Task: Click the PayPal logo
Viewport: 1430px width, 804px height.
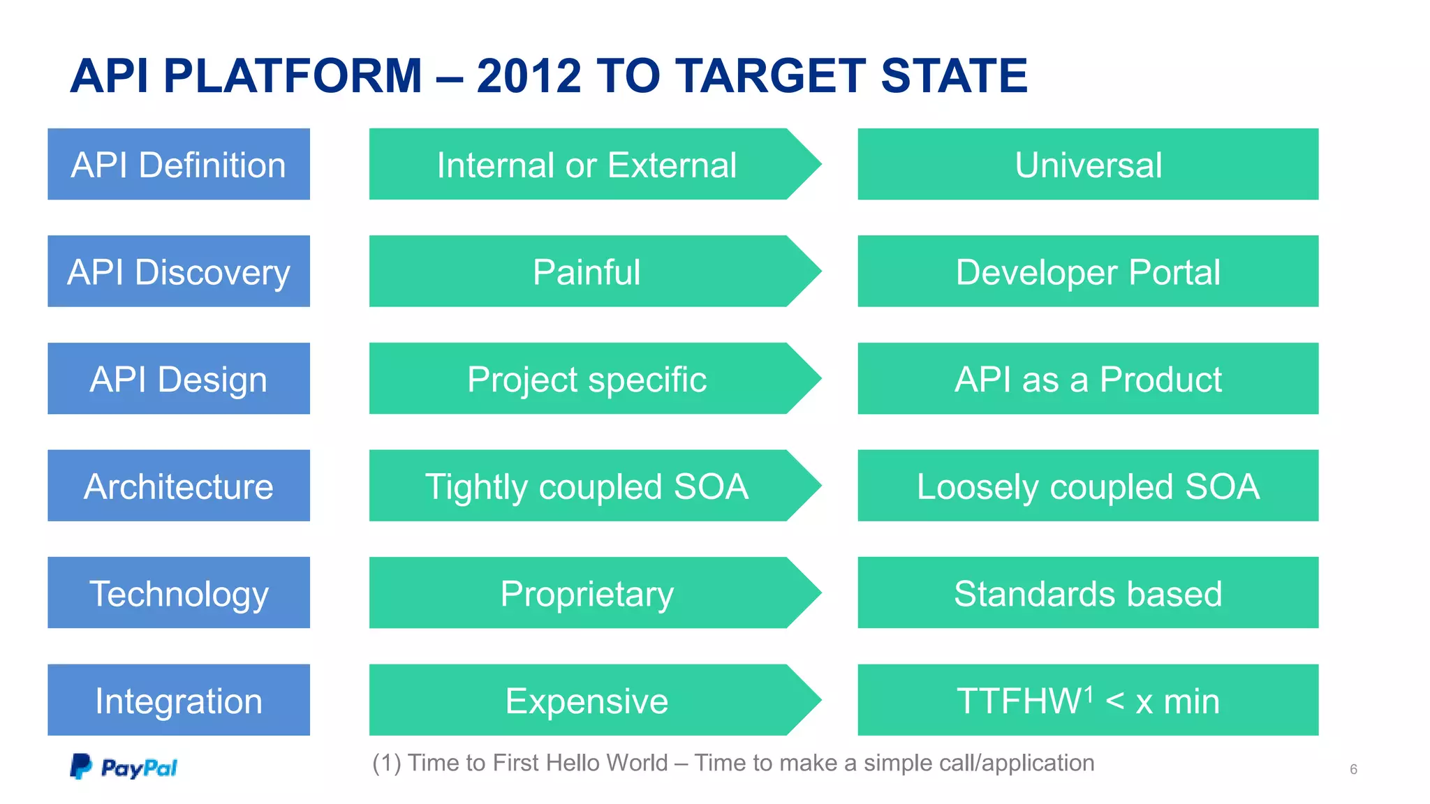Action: point(124,766)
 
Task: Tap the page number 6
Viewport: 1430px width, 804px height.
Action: point(1353,769)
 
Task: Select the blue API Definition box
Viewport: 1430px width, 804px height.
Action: point(179,165)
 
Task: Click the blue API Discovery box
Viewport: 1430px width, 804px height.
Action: point(179,271)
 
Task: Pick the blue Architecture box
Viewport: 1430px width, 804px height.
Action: point(179,486)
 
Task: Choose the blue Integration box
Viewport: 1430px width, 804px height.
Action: point(179,700)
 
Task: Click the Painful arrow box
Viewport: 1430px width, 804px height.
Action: point(587,271)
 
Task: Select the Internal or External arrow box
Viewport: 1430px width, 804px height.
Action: point(587,165)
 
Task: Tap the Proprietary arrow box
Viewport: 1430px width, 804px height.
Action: point(587,593)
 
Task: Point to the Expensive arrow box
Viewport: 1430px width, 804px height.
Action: point(587,700)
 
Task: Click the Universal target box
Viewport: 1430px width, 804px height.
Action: point(1088,165)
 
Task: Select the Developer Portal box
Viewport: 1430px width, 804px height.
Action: point(1088,271)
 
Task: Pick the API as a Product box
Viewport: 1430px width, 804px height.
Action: point(1088,379)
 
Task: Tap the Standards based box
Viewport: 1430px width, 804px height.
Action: point(1088,593)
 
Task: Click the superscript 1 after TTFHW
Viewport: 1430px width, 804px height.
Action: point(1089,692)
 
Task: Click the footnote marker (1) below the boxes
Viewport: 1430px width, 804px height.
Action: point(387,763)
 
